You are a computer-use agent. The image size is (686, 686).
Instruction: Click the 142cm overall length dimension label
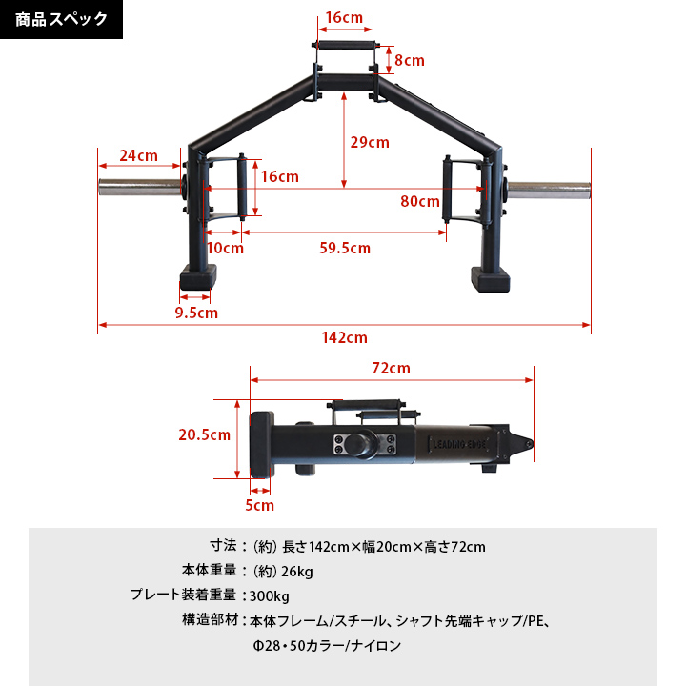point(344,338)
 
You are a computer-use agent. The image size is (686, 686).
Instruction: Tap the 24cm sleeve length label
point(138,156)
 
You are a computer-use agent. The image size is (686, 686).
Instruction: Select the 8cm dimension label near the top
point(409,60)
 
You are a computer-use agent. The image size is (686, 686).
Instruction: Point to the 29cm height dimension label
point(370,143)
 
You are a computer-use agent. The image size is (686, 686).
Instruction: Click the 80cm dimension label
point(420,201)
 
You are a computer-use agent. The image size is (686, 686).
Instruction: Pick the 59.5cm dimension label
point(345,249)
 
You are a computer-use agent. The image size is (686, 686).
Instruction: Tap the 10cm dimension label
point(225,249)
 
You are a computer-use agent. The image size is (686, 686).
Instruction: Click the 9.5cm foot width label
point(196,313)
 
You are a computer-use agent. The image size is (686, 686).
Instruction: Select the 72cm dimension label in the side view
point(391,368)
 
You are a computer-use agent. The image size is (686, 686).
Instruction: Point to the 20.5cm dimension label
point(204,435)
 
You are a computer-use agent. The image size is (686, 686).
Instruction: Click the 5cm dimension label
point(260,506)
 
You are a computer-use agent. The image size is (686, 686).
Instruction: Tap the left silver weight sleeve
point(138,186)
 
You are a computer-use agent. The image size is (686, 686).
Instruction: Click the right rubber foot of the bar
point(490,281)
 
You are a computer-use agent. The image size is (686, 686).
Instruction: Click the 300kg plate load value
point(270,596)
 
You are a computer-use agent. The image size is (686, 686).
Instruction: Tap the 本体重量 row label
point(208,572)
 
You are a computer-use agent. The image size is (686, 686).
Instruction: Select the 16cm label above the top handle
point(343,18)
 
